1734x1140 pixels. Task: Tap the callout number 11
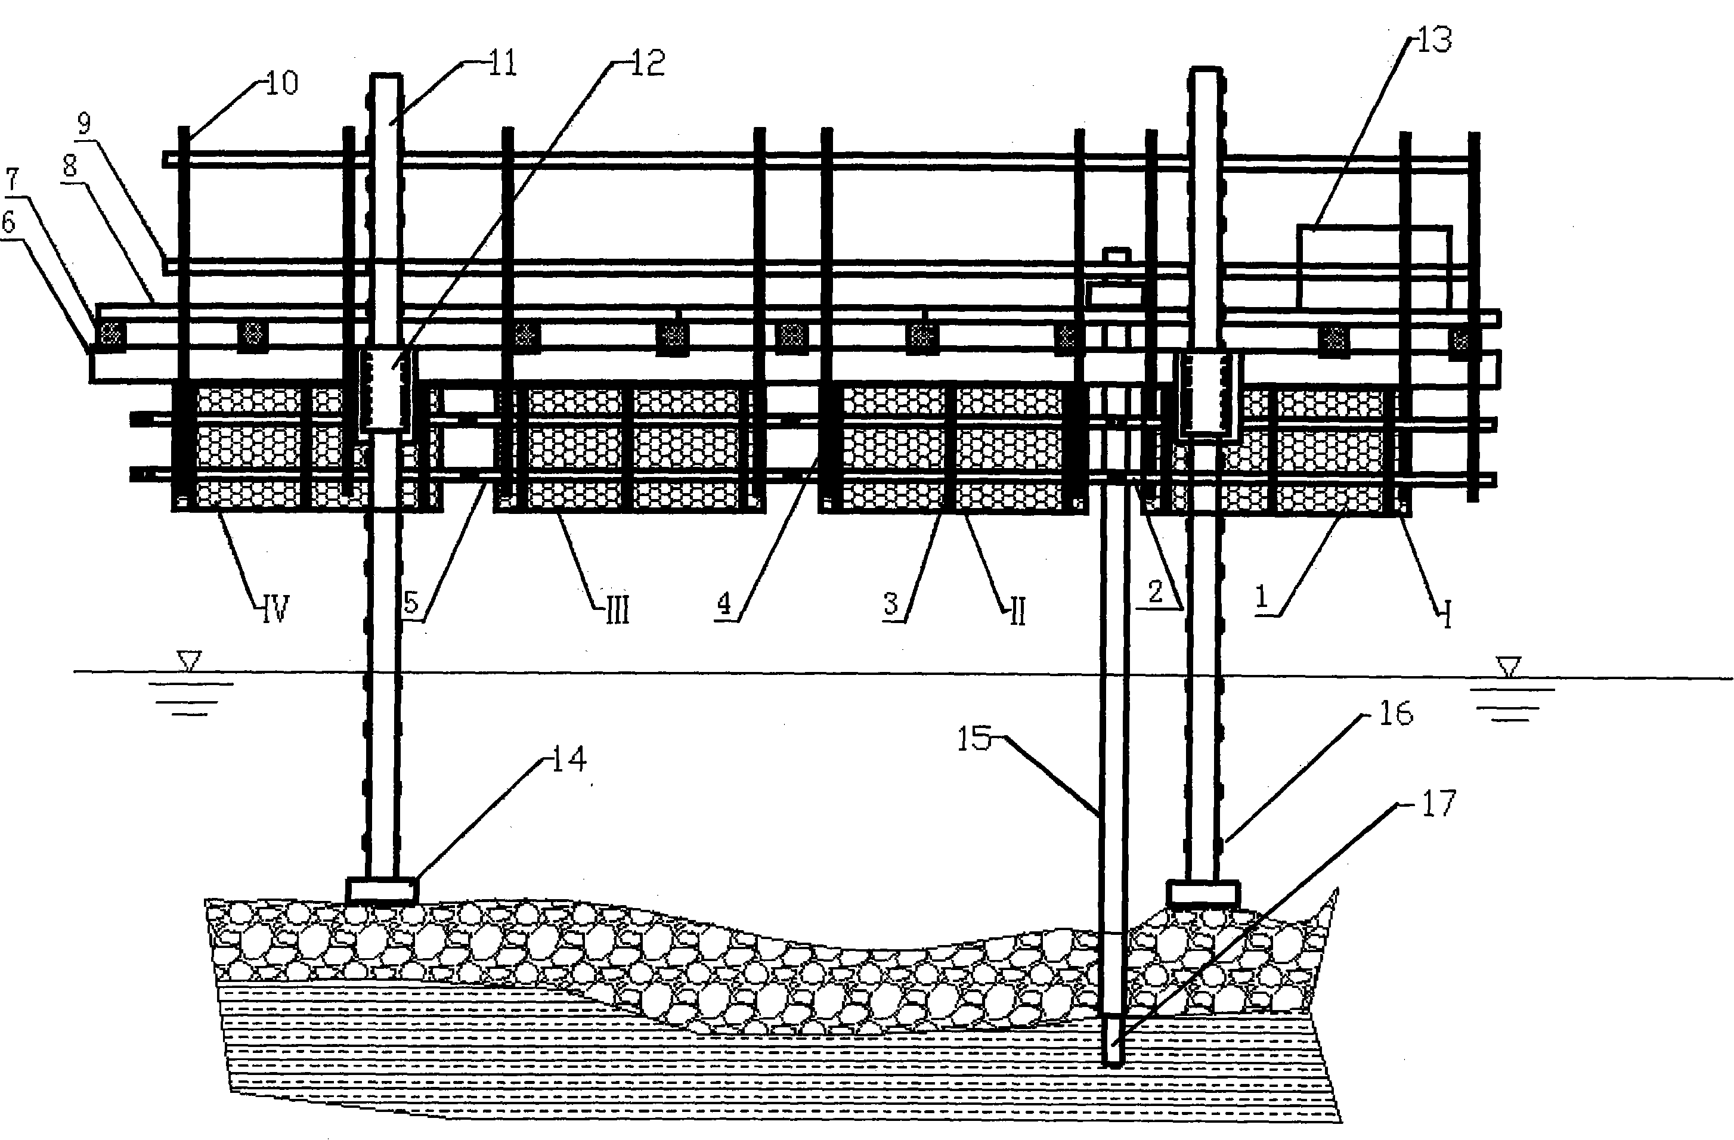502,63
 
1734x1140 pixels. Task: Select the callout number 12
647,63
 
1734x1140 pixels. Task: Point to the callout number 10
282,82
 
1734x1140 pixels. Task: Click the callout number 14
569,759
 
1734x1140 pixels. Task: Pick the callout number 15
975,739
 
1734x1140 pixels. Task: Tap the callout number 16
1396,713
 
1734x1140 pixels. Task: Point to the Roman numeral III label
618,611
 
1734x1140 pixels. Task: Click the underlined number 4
723,603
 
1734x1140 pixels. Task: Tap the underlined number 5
411,603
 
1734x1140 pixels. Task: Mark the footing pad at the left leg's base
382,890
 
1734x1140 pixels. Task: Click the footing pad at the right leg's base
1203,893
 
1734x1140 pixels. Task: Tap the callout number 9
84,124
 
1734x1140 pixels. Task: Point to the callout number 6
9,222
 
